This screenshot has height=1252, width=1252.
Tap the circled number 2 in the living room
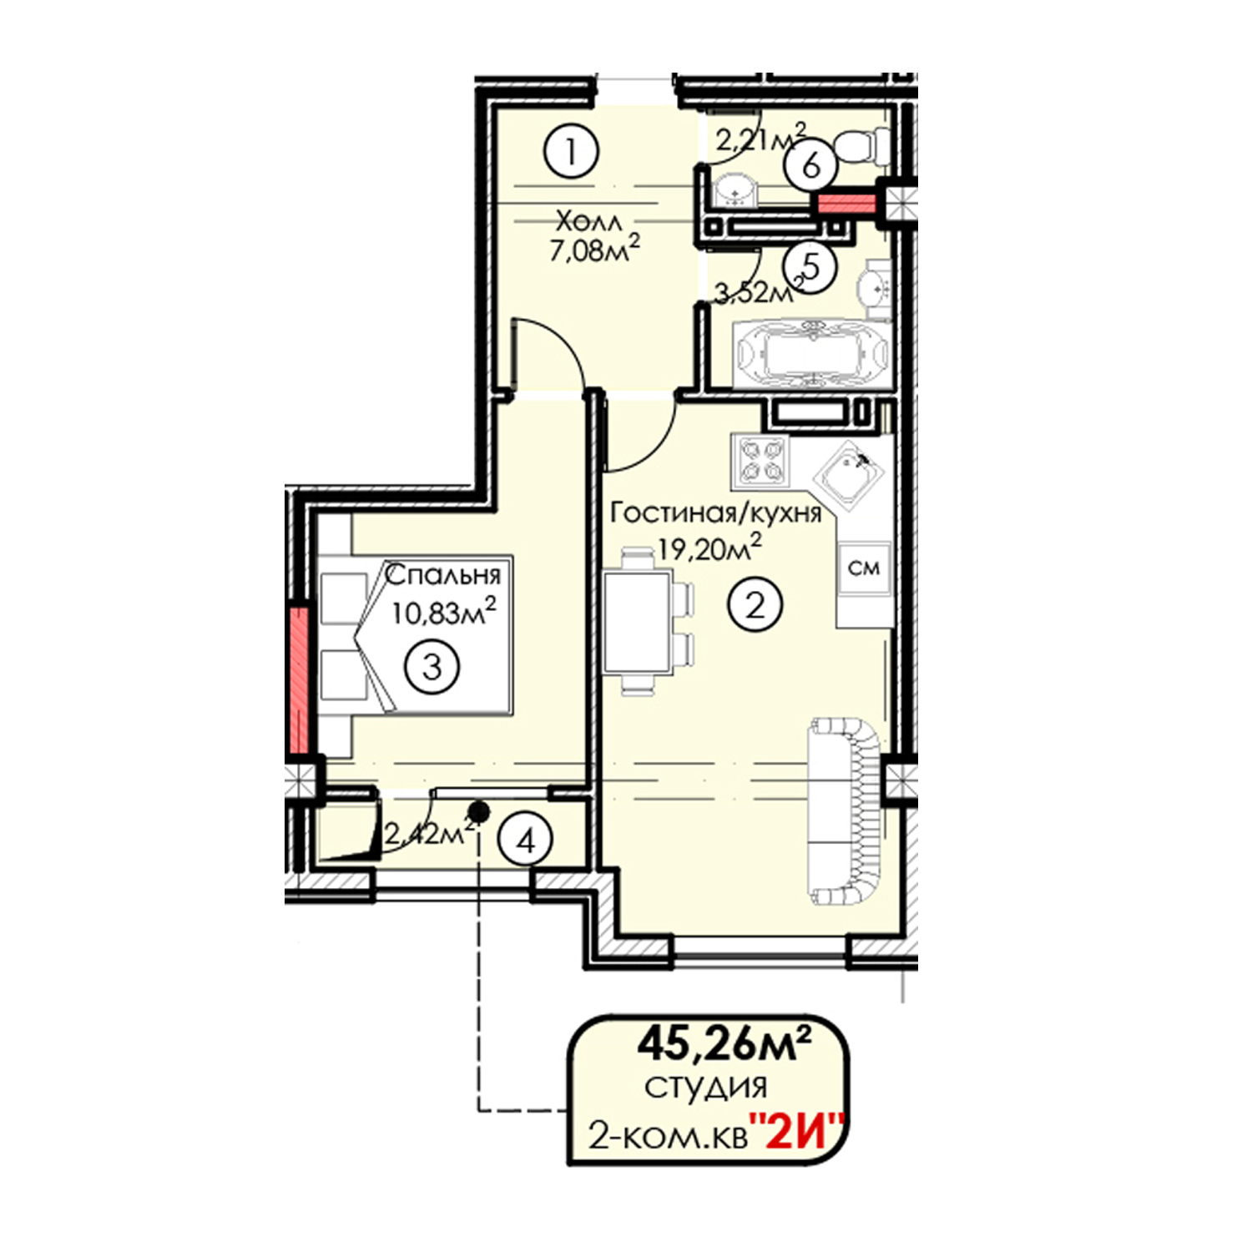tap(755, 603)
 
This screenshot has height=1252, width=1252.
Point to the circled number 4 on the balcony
tap(526, 841)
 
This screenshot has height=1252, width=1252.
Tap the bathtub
tap(810, 354)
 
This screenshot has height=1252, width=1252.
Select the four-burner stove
tap(760, 461)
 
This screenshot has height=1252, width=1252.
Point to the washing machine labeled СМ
tap(864, 568)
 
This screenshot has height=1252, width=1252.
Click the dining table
tap(638, 621)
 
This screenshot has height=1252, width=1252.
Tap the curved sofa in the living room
tap(843, 812)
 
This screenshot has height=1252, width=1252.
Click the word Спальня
tap(442, 574)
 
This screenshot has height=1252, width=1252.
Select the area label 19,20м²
tap(709, 548)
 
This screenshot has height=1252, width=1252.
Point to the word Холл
tap(588, 222)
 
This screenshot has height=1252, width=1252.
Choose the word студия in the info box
tap(705, 1088)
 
